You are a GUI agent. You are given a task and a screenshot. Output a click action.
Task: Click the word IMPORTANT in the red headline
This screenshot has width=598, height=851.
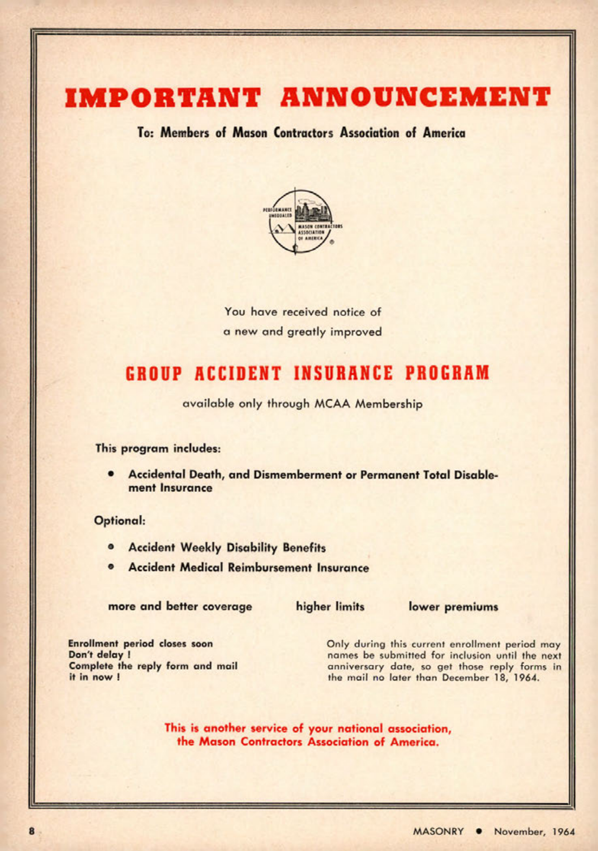point(163,97)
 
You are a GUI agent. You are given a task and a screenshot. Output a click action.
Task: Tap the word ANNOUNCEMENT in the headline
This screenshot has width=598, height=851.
point(416,97)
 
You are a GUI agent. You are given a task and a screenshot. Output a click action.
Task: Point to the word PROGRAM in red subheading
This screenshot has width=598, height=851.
point(447,374)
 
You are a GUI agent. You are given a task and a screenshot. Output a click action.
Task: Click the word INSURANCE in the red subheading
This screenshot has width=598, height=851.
point(344,374)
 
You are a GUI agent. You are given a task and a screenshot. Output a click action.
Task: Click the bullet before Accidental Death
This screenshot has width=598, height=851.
point(112,474)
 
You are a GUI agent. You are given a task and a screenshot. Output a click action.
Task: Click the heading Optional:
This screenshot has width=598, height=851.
point(120,520)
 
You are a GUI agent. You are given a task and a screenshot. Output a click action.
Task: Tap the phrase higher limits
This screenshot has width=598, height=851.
point(330,607)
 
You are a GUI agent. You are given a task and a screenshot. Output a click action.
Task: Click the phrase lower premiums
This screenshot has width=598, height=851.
point(453,607)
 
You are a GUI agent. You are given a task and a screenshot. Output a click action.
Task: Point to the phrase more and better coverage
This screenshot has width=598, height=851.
point(180,607)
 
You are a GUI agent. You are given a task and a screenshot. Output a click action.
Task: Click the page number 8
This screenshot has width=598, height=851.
point(31,831)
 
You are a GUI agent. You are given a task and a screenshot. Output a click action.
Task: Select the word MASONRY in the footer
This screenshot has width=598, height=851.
point(438,832)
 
